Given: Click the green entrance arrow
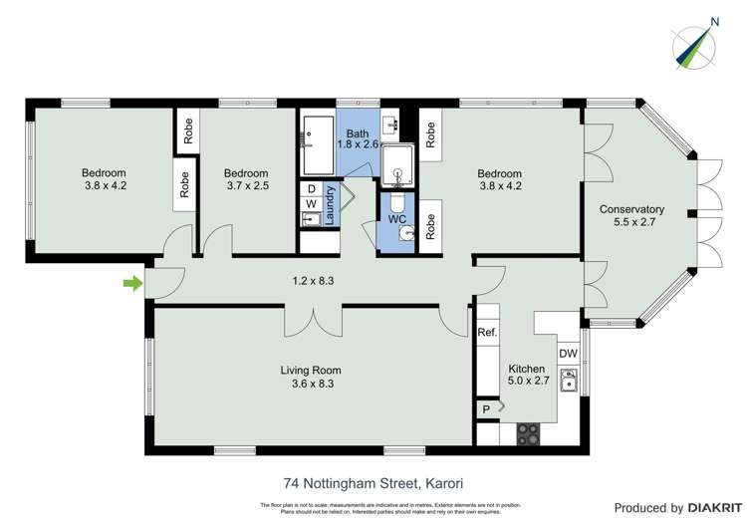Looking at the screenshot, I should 130,284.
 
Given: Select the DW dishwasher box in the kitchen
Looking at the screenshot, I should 568,353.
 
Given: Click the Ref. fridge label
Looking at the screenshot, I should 487,333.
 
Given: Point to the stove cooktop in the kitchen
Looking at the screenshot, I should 528,434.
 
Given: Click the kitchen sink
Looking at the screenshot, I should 570,381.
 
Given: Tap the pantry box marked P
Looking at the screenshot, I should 486,408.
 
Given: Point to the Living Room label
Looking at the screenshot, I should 311,370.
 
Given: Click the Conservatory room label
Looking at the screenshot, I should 631,209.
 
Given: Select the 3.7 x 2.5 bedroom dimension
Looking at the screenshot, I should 246,185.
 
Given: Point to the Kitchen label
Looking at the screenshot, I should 528,368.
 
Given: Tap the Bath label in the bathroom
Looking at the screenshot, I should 358,132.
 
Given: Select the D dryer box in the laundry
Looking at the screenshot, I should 311,186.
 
